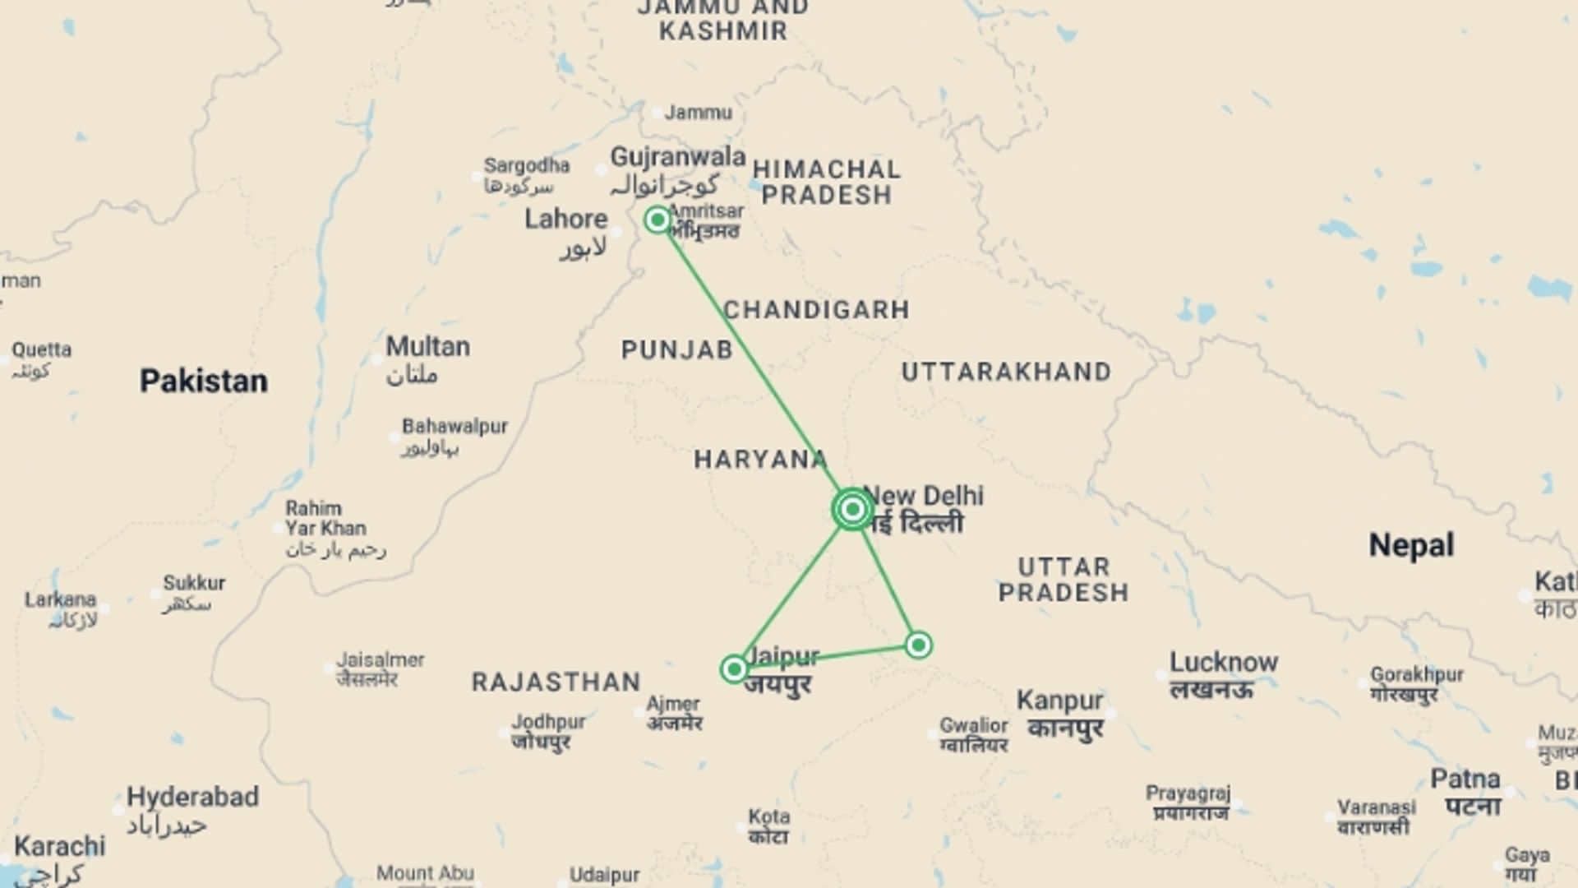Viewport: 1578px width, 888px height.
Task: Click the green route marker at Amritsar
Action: click(657, 220)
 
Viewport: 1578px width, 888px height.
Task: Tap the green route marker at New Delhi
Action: click(852, 510)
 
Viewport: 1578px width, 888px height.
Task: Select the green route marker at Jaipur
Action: click(734, 669)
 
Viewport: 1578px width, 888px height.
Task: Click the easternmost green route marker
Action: click(918, 645)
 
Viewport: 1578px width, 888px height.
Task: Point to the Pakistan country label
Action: click(203, 382)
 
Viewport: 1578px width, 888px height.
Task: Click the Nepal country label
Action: click(1410, 545)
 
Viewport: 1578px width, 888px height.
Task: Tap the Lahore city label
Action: click(565, 220)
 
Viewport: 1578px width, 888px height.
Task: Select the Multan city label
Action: click(427, 346)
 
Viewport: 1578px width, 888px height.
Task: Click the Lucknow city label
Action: click(1223, 663)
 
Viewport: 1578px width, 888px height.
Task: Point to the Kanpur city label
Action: click(1059, 701)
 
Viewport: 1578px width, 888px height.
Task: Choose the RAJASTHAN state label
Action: click(556, 682)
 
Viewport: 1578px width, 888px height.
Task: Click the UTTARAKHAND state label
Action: click(1006, 372)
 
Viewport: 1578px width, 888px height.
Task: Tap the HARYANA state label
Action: click(760, 460)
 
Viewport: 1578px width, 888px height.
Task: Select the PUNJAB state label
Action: click(676, 350)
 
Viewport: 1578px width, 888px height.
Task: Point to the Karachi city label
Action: click(59, 846)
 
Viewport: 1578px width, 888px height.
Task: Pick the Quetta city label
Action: click(41, 350)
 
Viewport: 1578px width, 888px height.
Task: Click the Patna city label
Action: click(1465, 779)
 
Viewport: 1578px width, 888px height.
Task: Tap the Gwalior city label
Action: click(973, 726)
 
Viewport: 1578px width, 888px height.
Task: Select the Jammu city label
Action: click(698, 113)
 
